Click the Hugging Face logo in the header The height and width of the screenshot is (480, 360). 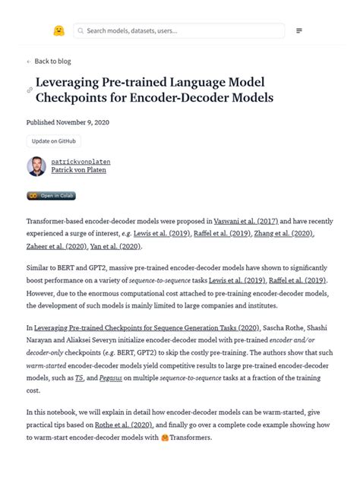[x=58, y=30]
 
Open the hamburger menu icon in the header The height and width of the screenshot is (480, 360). [x=299, y=30]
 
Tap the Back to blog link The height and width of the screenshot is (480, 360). [x=52, y=62]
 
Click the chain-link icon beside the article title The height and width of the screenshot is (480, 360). [x=30, y=90]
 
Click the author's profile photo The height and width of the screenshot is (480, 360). [x=36, y=166]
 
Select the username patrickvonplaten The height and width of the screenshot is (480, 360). [x=81, y=162]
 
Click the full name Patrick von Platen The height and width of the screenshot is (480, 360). [x=80, y=171]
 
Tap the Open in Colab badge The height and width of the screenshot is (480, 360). [x=51, y=195]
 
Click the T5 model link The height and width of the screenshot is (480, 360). [x=79, y=377]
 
